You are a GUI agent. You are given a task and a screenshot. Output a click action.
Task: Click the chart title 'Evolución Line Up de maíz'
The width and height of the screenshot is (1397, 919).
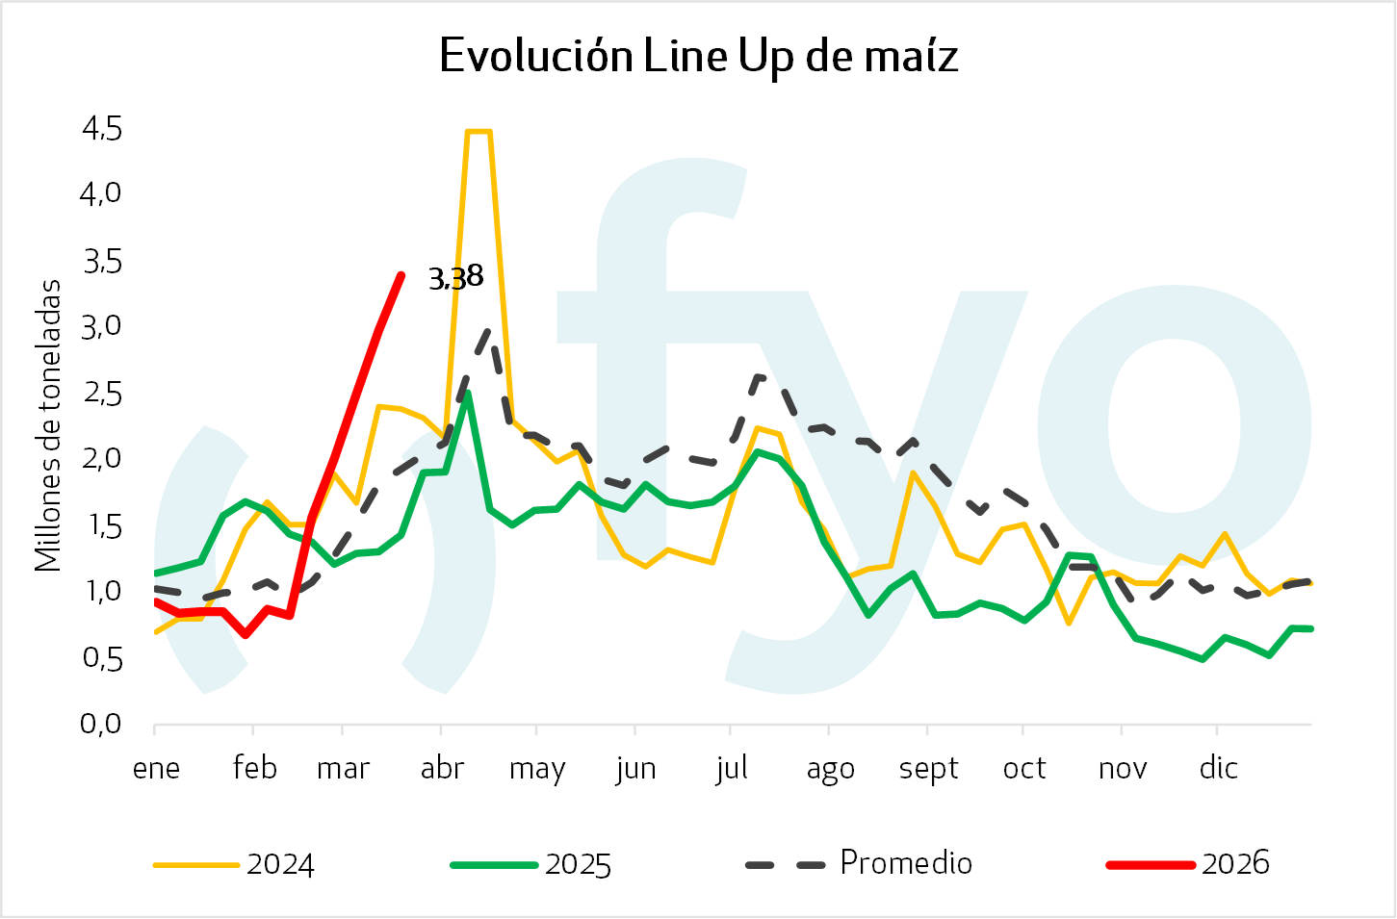(x=698, y=56)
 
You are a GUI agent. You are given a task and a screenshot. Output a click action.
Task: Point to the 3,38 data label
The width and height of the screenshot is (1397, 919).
(x=455, y=278)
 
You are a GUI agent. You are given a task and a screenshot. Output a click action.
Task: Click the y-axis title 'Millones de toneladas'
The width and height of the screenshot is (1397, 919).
(x=47, y=425)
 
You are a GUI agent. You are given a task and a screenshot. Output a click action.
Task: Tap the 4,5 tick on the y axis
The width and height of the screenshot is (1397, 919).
(x=102, y=128)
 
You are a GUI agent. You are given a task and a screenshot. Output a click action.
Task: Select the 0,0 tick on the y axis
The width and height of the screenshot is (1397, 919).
(x=102, y=724)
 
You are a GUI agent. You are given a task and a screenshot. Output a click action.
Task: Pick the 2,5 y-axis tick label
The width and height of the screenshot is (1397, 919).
(x=102, y=393)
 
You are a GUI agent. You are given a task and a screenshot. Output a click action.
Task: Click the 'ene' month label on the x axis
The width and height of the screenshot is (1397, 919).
(x=156, y=768)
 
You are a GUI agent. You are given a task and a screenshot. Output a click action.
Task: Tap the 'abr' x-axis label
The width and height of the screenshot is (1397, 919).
(x=442, y=768)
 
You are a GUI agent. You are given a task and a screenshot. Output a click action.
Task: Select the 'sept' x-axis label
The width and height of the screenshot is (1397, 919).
(x=928, y=768)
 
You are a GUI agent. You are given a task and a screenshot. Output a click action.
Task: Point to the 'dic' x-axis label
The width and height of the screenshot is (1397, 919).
(x=1218, y=768)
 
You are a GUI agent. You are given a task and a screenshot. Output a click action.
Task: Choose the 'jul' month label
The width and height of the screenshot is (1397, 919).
(x=732, y=768)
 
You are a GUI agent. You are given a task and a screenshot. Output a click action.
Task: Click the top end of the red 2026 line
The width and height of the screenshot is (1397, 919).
(x=401, y=276)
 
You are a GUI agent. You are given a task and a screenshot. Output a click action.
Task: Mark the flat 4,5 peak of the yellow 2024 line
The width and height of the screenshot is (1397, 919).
(x=479, y=132)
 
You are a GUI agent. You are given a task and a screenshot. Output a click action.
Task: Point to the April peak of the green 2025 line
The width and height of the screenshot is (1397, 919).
(x=467, y=393)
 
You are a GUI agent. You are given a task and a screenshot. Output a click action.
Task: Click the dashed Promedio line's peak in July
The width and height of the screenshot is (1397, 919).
(x=759, y=376)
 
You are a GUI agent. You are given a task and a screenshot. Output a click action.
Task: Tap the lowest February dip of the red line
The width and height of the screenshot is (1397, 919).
(x=246, y=635)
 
